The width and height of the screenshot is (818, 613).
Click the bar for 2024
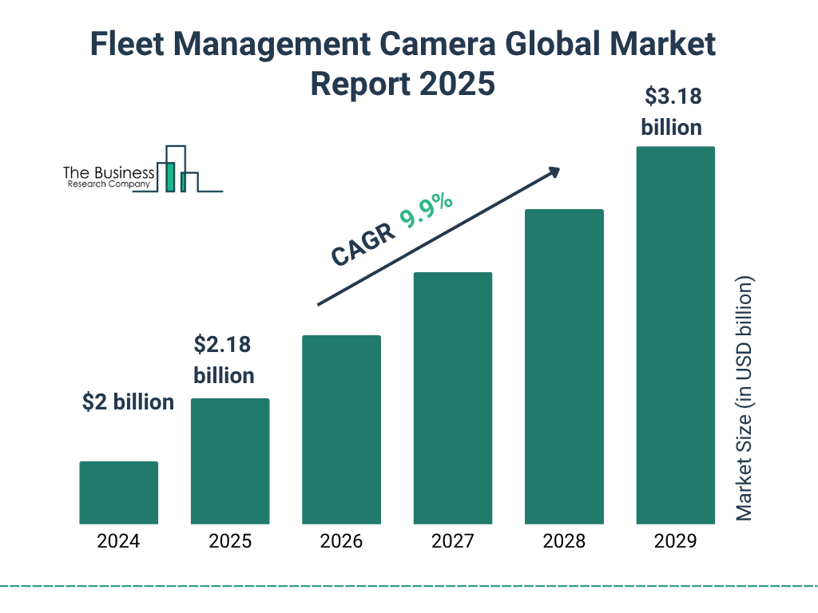[x=118, y=492]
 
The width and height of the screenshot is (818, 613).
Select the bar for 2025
[x=230, y=461]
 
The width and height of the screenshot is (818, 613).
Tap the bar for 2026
[x=341, y=429]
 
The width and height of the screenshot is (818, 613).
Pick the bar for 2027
[x=452, y=398]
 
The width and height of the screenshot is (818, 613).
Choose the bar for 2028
[x=564, y=366]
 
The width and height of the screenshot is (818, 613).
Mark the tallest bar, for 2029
[x=675, y=335]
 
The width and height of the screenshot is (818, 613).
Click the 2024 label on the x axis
[x=118, y=541]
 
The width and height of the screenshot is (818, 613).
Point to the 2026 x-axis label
[x=341, y=541]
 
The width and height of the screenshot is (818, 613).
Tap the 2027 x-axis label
[x=452, y=541]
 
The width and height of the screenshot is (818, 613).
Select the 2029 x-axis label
[x=675, y=541]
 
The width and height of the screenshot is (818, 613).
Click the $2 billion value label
[x=128, y=402]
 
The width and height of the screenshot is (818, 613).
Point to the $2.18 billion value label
[x=224, y=360]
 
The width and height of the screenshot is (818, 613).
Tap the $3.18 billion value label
[x=673, y=112]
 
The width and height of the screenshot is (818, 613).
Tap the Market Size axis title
[x=745, y=399]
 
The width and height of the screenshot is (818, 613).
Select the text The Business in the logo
[x=109, y=173]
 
